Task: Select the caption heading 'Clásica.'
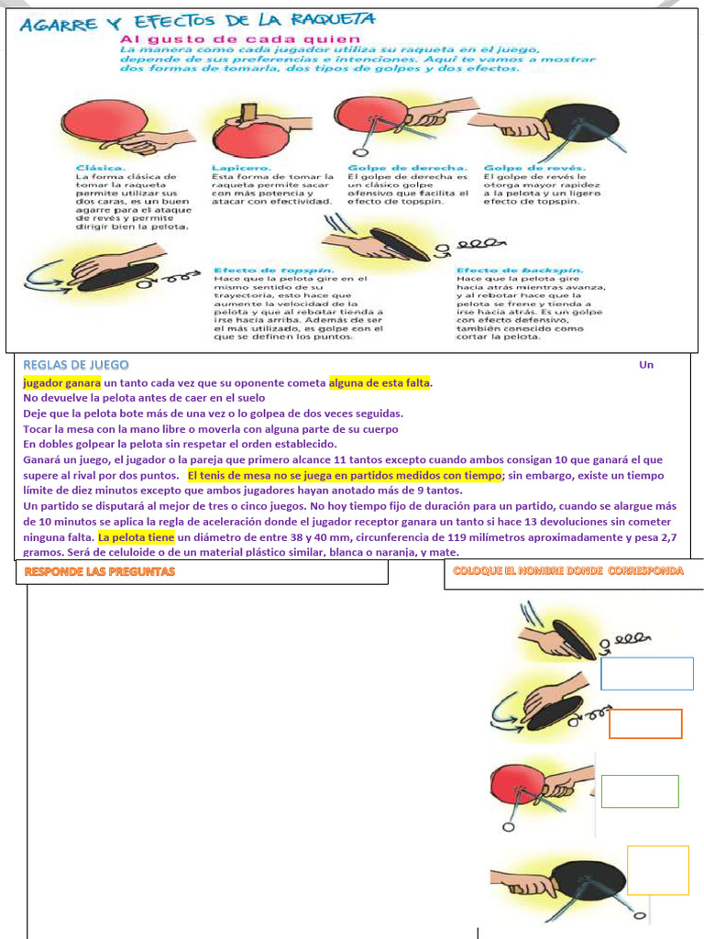click(x=101, y=168)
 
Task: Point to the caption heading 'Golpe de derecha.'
click(x=408, y=168)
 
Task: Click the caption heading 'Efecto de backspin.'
click(x=519, y=270)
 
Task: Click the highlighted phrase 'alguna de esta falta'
click(x=379, y=383)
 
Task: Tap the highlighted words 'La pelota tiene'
click(x=137, y=537)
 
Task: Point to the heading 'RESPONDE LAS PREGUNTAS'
click(x=99, y=571)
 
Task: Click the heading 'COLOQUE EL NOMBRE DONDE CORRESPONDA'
click(x=567, y=570)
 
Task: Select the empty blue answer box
click(x=647, y=673)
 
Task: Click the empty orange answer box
click(x=645, y=724)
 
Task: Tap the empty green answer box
click(x=640, y=791)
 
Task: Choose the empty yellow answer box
click(x=657, y=869)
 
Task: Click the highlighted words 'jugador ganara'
click(x=61, y=383)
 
